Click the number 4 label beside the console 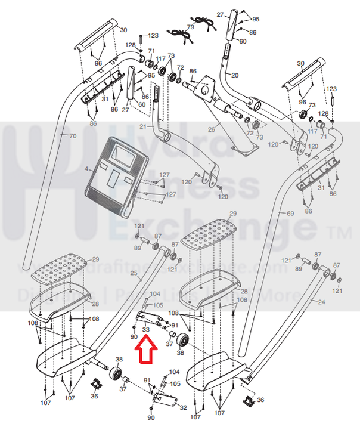(86, 169)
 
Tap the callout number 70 (73, 135)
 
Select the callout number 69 (290, 213)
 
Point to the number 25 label (134, 274)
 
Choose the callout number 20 (234, 75)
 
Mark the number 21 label (143, 126)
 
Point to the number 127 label (171, 194)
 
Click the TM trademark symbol (346, 230)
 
